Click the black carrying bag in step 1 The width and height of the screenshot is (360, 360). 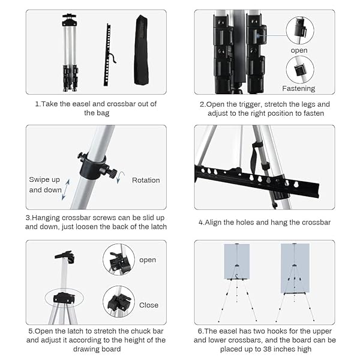pyautogui.click(x=141, y=50)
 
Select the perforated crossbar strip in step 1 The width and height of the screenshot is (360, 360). pyautogui.click(x=107, y=55)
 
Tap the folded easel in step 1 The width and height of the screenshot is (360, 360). pyautogui.click(x=70, y=53)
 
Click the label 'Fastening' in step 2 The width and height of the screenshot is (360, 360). pyautogui.click(x=298, y=88)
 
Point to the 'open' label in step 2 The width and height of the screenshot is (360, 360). pyautogui.click(x=299, y=50)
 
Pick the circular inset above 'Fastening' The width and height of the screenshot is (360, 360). pyautogui.click(x=300, y=70)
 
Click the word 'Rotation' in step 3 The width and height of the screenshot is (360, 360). pyautogui.click(x=146, y=180)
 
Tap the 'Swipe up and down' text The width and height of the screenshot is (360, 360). pyautogui.click(x=45, y=185)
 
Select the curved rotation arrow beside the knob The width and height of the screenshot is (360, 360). pyautogui.click(x=120, y=177)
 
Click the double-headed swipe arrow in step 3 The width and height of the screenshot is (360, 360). pyautogui.click(x=65, y=190)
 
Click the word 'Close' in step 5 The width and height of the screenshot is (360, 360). pyautogui.click(x=149, y=305)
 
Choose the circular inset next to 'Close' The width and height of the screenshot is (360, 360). pyautogui.click(x=119, y=301)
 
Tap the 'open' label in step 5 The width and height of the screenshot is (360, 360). pyautogui.click(x=148, y=260)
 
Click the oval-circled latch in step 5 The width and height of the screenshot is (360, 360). pyautogui.click(x=64, y=298)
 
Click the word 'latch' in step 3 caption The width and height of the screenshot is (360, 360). pyautogui.click(x=158, y=227)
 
